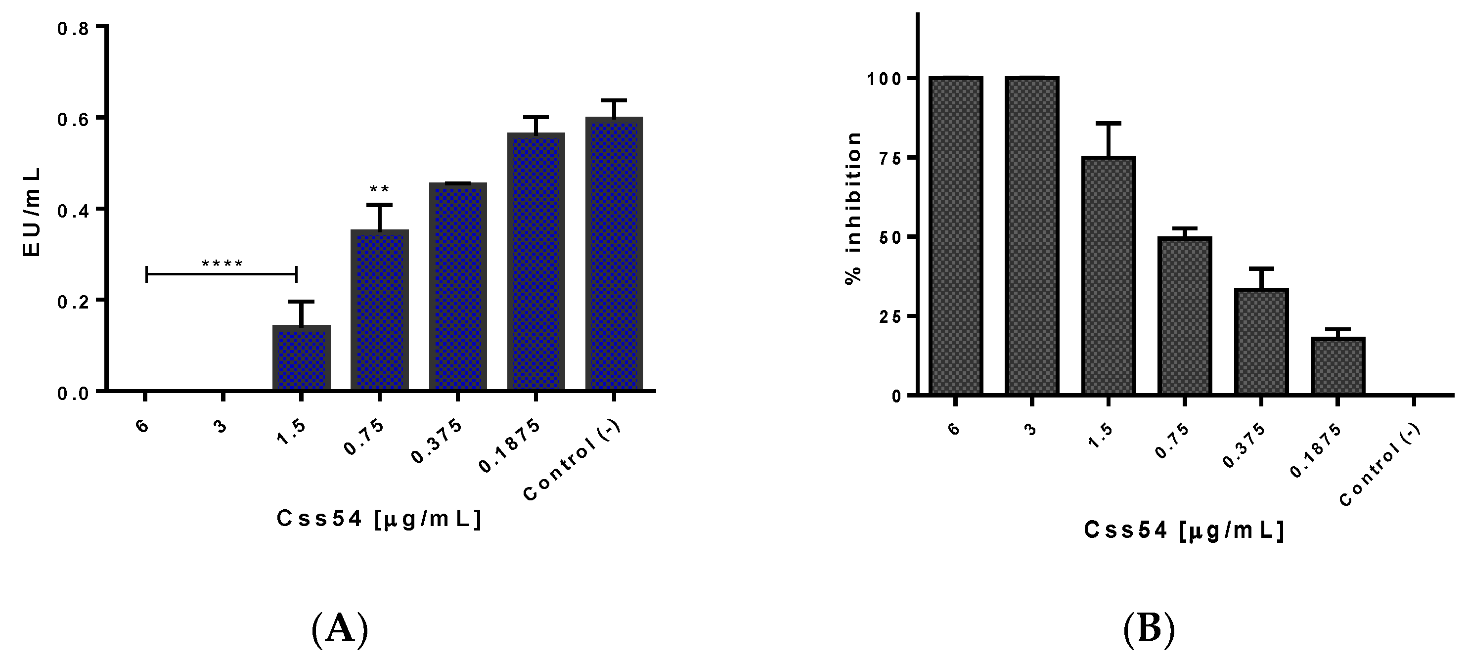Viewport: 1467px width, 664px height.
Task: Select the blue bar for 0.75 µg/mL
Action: (x=379, y=310)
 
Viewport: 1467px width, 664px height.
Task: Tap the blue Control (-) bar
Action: (x=614, y=254)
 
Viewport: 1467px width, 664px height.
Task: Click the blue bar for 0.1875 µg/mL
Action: (x=536, y=262)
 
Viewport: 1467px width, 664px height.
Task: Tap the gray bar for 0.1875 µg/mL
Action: (x=1338, y=365)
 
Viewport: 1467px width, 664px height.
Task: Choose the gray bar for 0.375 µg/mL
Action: (x=1261, y=341)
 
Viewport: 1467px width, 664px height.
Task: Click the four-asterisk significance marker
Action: (x=222, y=264)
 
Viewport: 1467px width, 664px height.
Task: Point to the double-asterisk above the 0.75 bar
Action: (x=379, y=189)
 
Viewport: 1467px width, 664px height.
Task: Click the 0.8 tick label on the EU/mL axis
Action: (x=73, y=29)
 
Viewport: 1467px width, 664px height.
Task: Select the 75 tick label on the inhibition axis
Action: (x=889, y=158)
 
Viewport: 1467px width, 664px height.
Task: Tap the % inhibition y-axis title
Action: (x=852, y=208)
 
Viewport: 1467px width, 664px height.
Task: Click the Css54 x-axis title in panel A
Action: (x=379, y=519)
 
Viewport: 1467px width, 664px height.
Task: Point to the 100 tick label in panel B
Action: (x=885, y=79)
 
